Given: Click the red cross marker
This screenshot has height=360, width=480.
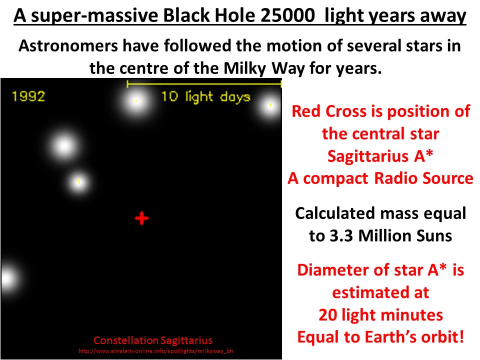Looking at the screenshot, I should [142, 218].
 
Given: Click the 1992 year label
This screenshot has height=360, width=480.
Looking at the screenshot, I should [28, 96].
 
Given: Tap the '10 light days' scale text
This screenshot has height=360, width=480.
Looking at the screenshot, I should [205, 96].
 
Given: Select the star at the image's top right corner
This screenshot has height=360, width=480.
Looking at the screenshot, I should [270, 106].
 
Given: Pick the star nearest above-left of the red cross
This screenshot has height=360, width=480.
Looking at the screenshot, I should [78, 182].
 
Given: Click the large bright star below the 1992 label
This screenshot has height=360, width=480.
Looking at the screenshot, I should [64, 146].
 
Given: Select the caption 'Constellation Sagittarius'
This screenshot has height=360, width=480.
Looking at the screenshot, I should [153, 340].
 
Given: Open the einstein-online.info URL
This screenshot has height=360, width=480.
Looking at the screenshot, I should [155, 351].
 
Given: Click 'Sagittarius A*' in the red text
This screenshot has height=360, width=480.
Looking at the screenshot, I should [380, 156].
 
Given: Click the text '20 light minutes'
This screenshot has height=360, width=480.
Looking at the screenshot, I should [380, 314].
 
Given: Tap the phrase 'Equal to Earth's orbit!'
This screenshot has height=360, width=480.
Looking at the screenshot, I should [380, 337].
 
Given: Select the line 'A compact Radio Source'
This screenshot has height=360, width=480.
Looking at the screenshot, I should [380, 178].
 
